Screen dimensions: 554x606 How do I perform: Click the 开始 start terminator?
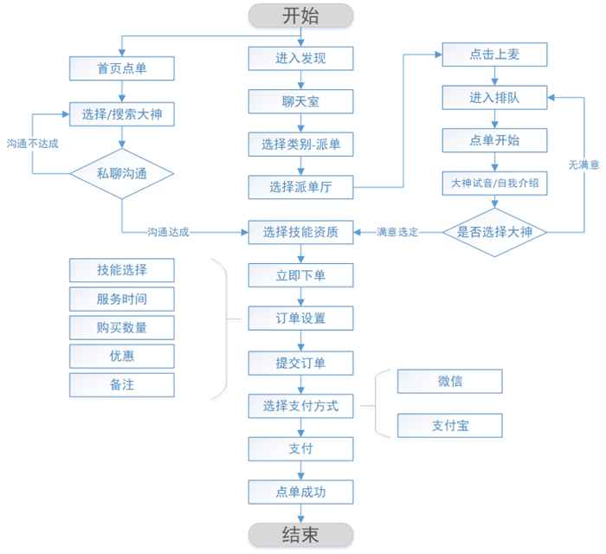click(x=300, y=15)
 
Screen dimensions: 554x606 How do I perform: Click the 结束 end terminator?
click(x=300, y=534)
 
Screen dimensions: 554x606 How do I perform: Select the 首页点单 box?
click(x=121, y=68)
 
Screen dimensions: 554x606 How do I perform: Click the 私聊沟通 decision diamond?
click(x=121, y=172)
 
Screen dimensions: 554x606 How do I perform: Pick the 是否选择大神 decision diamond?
click(x=494, y=231)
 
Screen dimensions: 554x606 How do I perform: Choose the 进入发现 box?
click(x=300, y=58)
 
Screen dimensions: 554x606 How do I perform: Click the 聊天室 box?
click(x=300, y=100)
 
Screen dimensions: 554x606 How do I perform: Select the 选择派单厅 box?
click(x=300, y=186)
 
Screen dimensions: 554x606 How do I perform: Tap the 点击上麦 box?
click(x=494, y=54)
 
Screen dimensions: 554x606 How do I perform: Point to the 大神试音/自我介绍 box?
click(x=494, y=183)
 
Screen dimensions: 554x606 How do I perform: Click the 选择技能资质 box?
click(x=300, y=232)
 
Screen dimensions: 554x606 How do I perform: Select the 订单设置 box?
click(x=300, y=318)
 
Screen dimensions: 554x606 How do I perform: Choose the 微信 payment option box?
click(x=448, y=381)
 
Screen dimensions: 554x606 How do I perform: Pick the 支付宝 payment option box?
click(x=448, y=425)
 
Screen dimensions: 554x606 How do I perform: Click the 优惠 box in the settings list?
click(x=121, y=355)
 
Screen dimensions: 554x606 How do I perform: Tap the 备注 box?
click(x=121, y=383)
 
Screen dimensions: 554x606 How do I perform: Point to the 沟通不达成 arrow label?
click(x=32, y=142)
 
